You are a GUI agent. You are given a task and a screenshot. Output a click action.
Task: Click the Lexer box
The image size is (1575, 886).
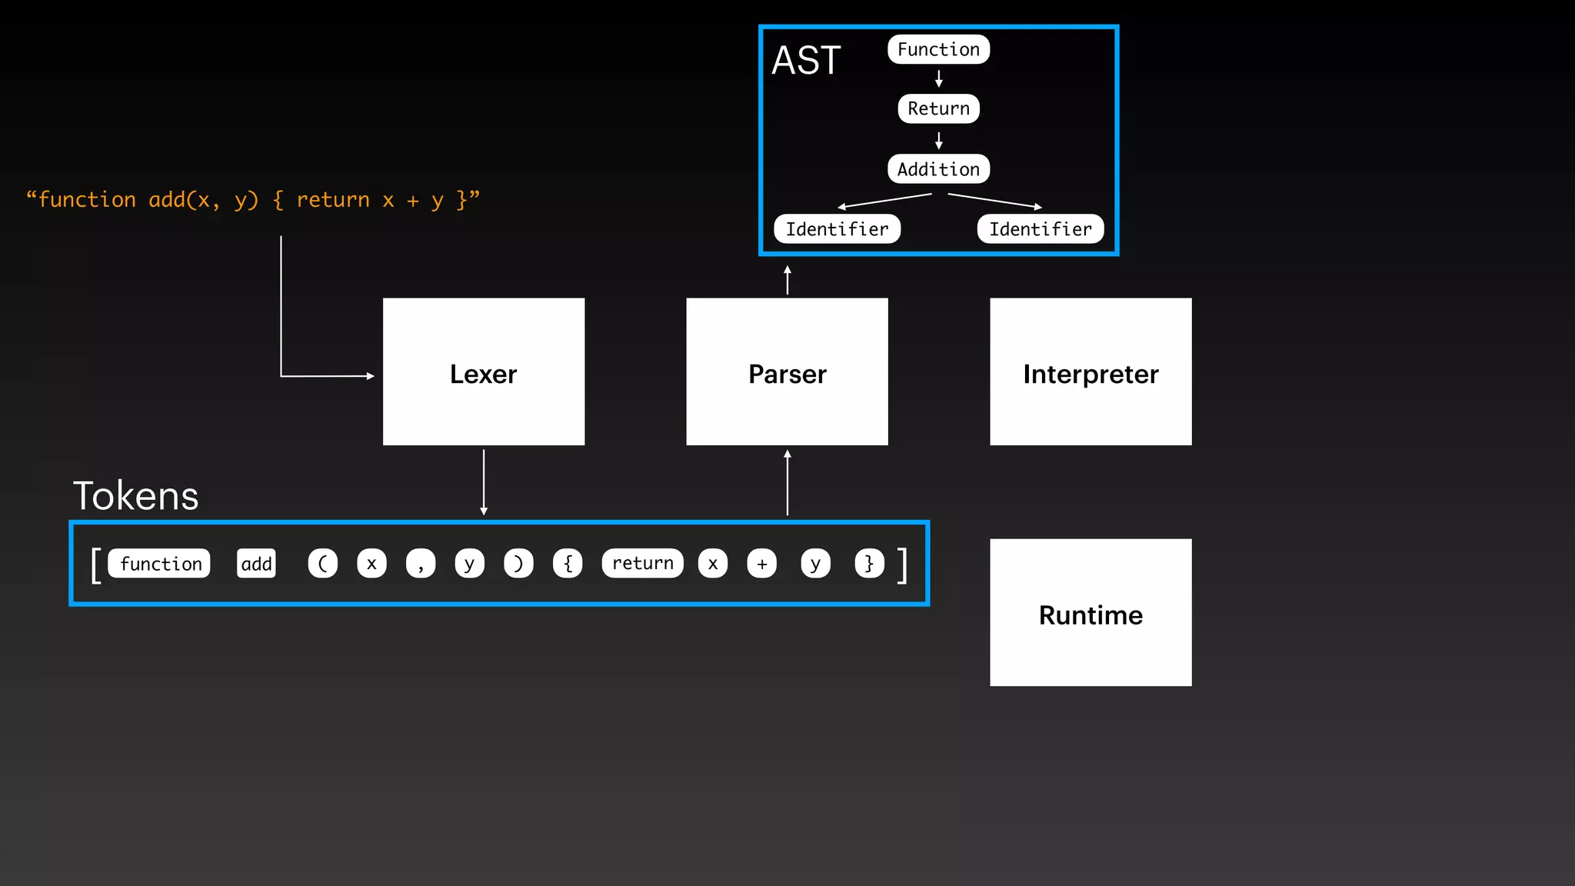[484, 372]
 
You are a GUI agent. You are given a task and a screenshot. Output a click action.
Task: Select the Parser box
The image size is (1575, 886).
[787, 372]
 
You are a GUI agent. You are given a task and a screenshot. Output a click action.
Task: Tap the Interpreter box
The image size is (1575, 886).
[1091, 372]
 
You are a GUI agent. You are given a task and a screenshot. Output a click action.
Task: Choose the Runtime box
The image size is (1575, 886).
[1091, 613]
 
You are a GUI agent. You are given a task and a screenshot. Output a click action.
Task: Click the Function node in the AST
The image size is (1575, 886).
[938, 49]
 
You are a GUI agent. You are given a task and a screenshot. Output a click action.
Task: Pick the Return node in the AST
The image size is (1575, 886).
[938, 108]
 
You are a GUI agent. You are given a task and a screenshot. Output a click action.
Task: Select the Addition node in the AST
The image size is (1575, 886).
[938, 169]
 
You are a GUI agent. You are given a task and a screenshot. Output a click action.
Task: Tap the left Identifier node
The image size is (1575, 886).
[837, 229]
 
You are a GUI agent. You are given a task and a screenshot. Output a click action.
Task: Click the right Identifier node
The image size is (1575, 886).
[1040, 229]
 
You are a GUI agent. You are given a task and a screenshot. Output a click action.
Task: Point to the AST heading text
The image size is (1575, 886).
[806, 60]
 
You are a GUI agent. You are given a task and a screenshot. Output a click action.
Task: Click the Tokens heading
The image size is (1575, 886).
[136, 496]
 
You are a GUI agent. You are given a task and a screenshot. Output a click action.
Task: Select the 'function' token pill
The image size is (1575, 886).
[160, 564]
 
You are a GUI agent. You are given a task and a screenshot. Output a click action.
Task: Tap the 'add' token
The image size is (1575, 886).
[256, 564]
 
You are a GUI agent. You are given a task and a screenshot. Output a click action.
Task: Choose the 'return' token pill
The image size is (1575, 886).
[642, 564]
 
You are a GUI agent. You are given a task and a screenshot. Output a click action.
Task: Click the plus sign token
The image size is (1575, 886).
[761, 564]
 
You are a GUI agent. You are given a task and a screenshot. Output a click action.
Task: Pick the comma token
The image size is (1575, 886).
[421, 564]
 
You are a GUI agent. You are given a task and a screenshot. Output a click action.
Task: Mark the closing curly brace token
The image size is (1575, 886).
[869, 564]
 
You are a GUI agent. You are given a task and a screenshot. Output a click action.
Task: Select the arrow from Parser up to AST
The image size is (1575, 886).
[787, 280]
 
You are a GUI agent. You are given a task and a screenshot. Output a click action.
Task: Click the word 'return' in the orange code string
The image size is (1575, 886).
[333, 200]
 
